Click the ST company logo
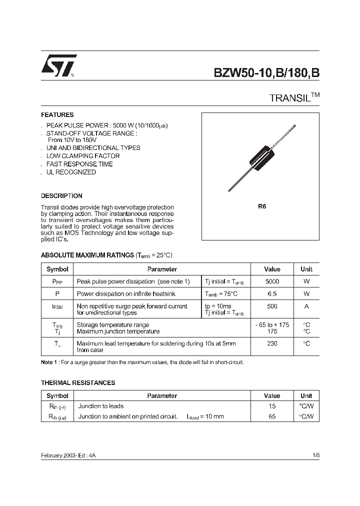[58, 65]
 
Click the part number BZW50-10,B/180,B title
[266, 72]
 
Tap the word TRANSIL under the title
[290, 98]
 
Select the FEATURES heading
[57, 114]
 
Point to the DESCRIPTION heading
[61, 196]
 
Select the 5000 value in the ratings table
[271, 281]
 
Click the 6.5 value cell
[271, 294]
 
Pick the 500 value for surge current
[271, 306]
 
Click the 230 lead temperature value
[271, 343]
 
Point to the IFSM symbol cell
[57, 306]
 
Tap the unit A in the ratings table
[306, 306]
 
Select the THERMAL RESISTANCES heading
[78, 382]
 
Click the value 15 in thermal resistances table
[271, 406]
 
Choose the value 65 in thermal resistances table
[271, 416]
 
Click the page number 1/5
[315, 456]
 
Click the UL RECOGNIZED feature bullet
[71, 172]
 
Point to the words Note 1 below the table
[49, 362]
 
